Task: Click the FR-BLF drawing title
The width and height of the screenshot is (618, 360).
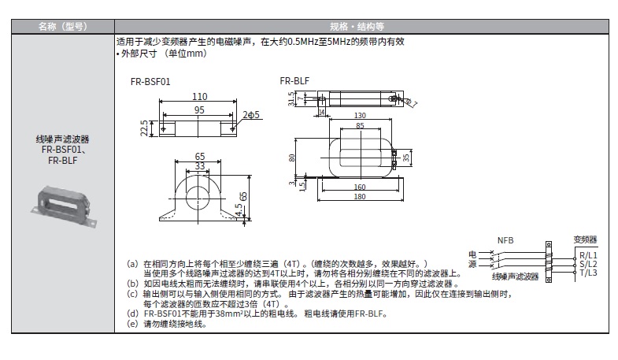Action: pos(294,80)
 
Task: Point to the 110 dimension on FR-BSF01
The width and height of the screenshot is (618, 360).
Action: pos(200,97)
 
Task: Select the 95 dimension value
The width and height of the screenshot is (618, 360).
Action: pos(200,109)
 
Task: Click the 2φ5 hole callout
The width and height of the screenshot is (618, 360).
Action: pos(252,115)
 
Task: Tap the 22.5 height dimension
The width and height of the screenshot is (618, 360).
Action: pos(143,127)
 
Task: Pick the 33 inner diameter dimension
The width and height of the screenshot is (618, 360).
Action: pos(200,166)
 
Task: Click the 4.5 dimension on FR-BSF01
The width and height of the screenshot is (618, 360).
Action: pos(239,210)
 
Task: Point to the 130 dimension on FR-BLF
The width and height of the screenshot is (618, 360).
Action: pos(360,115)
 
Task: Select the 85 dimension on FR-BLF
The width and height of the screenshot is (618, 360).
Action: pos(360,125)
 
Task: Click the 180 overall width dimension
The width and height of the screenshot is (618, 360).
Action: pos(360,196)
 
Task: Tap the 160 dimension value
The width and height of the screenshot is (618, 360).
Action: pos(360,187)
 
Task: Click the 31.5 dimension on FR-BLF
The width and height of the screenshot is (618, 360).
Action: pos(290,98)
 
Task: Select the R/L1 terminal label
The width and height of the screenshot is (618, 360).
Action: pos(588,254)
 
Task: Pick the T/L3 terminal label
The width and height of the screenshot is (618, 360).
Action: pos(588,273)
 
